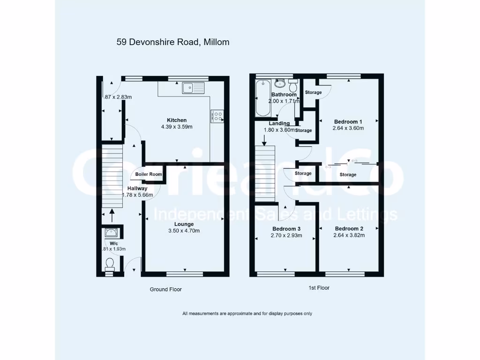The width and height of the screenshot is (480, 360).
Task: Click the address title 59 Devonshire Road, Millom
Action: pos(173,42)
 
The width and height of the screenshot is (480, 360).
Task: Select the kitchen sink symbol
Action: pos(194,87)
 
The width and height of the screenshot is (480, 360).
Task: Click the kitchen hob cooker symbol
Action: pos(218,116)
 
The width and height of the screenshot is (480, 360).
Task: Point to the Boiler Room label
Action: pos(149,174)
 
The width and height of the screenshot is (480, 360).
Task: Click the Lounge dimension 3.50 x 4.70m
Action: pos(184,231)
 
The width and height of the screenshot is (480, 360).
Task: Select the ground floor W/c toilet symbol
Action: pos(110,264)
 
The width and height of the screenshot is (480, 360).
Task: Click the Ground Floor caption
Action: pos(165,289)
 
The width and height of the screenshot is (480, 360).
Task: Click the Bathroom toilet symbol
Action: pos(293,86)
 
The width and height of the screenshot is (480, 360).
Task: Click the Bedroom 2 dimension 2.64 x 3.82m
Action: pos(349,235)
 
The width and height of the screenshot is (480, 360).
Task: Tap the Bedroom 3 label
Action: pos(286,229)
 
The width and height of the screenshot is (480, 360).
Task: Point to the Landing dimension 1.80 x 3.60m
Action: pos(280,130)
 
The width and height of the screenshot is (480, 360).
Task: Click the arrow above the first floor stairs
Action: pos(264,139)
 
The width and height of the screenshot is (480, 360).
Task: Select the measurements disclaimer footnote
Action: pos(247,314)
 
